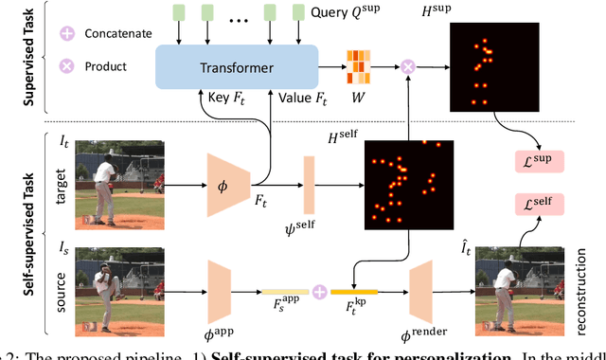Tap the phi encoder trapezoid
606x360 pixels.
click(x=228, y=174)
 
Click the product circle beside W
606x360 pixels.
click(x=408, y=66)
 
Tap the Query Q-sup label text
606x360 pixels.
click(x=343, y=14)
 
